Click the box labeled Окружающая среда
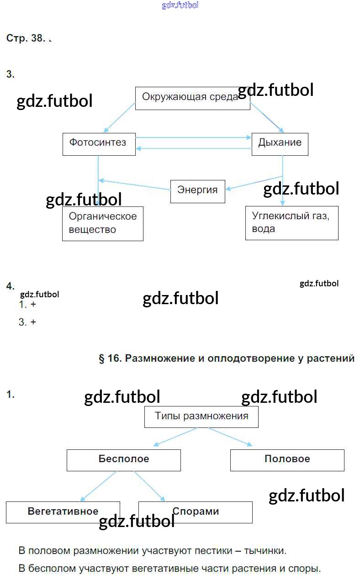pos(192,98)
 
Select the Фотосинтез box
pos(99,144)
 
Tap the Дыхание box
pos(280,144)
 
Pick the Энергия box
pos(197,191)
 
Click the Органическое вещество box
pos(102,223)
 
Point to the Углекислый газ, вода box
pos(291,222)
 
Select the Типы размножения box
pos(201,417)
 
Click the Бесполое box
pos(123,459)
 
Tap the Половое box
pos(287,459)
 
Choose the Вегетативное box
pos(63,511)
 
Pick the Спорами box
pos(195,511)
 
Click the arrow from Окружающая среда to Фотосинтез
pos(120,117)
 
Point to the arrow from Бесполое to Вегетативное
pos(98,486)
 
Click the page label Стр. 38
pos(26,38)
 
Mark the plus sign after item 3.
pos(33,322)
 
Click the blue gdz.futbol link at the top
pos(180,5)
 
